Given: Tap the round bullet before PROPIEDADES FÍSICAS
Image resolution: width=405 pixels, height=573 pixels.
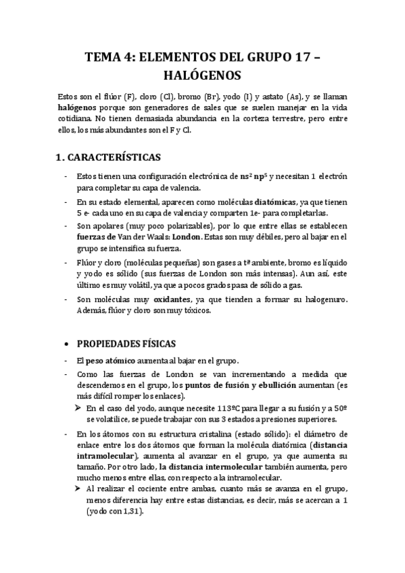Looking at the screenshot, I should click(64, 343).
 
